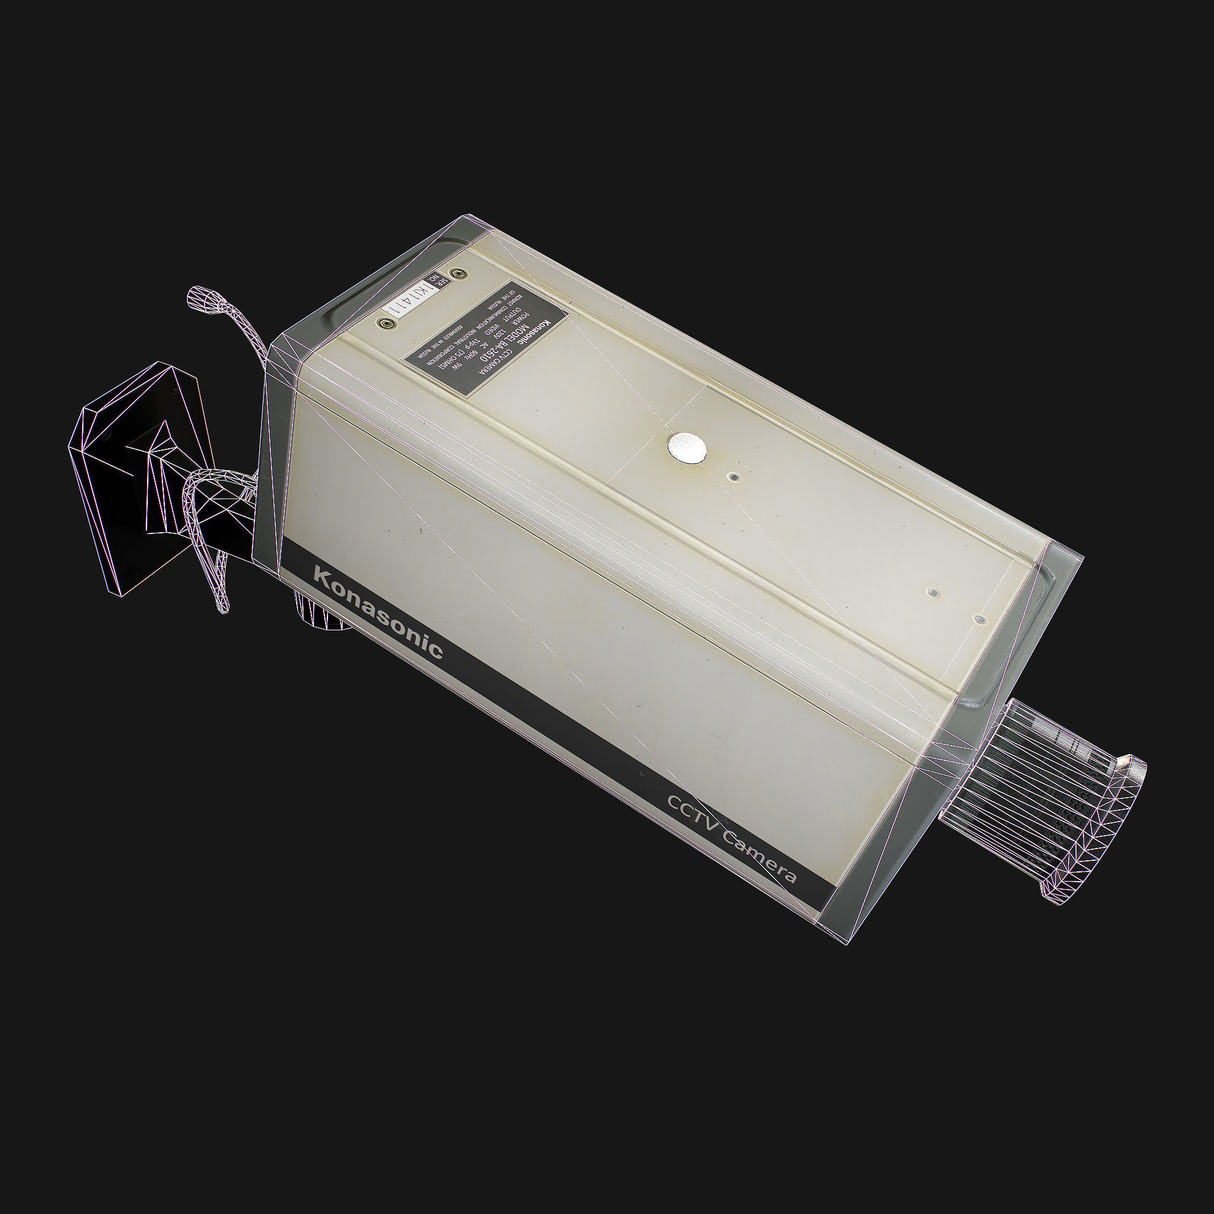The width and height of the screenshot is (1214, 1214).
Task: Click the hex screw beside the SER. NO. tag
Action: tap(461, 273)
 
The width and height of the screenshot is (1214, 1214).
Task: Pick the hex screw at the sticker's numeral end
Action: tap(381, 323)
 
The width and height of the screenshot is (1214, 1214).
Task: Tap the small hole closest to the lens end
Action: tap(979, 619)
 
